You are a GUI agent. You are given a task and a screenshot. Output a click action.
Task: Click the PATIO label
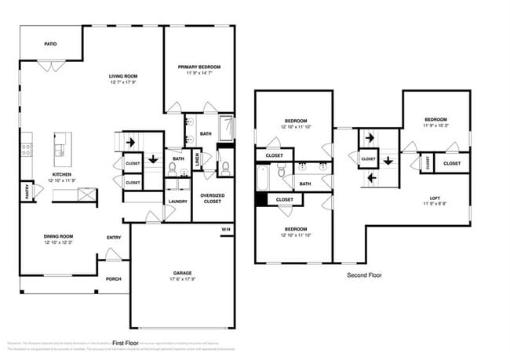click(x=49, y=44)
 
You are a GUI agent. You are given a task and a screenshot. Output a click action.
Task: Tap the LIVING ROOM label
click(x=123, y=76)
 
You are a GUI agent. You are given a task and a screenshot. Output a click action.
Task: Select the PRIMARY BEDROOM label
click(x=199, y=67)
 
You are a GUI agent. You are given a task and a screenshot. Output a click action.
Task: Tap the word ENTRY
click(x=114, y=238)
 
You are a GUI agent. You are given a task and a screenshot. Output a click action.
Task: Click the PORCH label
click(x=114, y=278)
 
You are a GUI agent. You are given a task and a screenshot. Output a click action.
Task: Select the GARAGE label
click(x=182, y=273)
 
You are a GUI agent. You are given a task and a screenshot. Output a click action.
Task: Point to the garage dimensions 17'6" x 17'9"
click(x=182, y=280)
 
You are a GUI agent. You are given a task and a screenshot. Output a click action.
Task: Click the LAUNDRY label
click(x=177, y=202)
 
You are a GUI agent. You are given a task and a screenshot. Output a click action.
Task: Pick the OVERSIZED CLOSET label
click(x=213, y=198)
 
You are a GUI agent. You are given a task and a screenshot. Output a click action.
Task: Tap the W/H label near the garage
click(x=225, y=229)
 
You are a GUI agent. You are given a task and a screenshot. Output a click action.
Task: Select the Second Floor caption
click(x=364, y=276)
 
